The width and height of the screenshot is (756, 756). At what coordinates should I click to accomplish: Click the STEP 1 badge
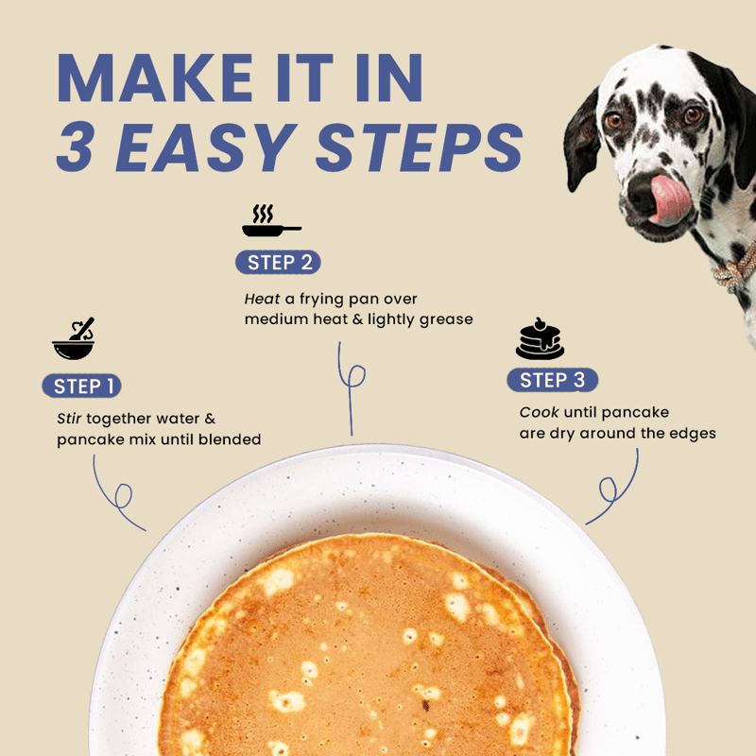[81, 386]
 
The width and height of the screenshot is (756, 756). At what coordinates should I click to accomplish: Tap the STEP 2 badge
[278, 263]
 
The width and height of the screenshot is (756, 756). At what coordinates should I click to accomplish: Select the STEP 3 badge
[553, 380]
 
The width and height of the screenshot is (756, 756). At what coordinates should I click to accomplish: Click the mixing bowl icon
[74, 339]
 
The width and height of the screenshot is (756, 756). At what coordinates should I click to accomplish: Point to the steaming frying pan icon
[271, 220]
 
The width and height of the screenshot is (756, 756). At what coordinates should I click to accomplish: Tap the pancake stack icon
[540, 338]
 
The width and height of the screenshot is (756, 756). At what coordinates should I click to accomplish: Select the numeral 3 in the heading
[75, 146]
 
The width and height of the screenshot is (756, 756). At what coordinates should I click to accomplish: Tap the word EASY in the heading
[206, 147]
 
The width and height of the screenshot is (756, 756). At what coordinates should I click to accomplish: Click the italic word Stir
[69, 418]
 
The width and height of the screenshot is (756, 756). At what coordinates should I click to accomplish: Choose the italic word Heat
[262, 299]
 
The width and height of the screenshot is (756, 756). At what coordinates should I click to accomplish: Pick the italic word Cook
[539, 412]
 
